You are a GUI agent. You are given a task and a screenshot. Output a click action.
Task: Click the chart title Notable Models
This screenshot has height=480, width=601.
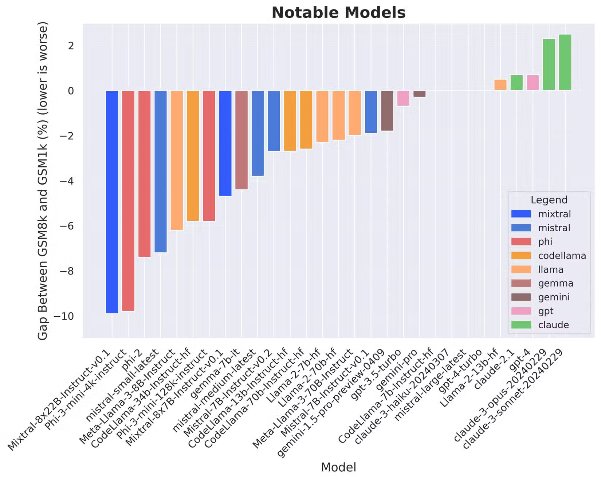pyautogui.click(x=338, y=13)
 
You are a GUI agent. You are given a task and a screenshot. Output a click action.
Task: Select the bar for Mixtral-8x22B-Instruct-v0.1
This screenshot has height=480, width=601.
pyautogui.click(x=112, y=202)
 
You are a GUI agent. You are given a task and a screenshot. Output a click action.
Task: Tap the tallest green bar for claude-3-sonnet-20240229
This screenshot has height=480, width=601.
pyautogui.click(x=565, y=62)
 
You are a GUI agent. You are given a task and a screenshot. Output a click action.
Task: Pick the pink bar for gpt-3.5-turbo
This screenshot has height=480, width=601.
pyautogui.click(x=403, y=98)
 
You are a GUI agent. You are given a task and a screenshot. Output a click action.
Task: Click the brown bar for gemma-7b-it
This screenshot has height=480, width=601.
pyautogui.click(x=241, y=140)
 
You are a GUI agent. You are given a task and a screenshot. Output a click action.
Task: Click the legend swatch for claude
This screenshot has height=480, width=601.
pyautogui.click(x=521, y=325)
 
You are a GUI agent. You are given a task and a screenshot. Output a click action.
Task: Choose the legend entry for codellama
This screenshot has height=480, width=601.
pyautogui.click(x=562, y=256)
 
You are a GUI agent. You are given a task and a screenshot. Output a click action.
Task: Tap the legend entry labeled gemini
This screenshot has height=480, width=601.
pyautogui.click(x=554, y=297)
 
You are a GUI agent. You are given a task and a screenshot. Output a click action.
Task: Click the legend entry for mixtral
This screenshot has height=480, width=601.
pyautogui.click(x=554, y=214)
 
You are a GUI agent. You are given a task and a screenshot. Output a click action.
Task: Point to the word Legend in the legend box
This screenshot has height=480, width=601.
pyautogui.click(x=549, y=200)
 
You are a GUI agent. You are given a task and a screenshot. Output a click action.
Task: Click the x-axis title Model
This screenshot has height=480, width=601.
pyautogui.click(x=338, y=467)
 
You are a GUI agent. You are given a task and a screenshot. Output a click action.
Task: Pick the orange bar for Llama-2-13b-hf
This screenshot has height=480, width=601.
pyautogui.click(x=500, y=85)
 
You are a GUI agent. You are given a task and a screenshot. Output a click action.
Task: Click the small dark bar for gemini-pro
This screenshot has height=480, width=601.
pyautogui.click(x=419, y=94)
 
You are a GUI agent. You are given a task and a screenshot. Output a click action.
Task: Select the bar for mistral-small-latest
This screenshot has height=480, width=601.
pyautogui.click(x=161, y=171)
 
